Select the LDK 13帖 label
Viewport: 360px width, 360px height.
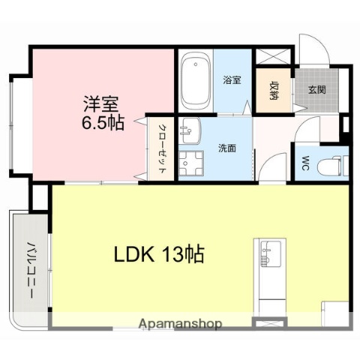[160, 253]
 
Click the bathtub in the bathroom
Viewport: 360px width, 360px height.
[196, 80]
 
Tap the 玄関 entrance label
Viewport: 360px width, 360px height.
[316, 90]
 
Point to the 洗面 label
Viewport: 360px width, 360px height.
[227, 148]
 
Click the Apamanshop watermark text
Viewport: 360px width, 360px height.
[180, 325]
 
